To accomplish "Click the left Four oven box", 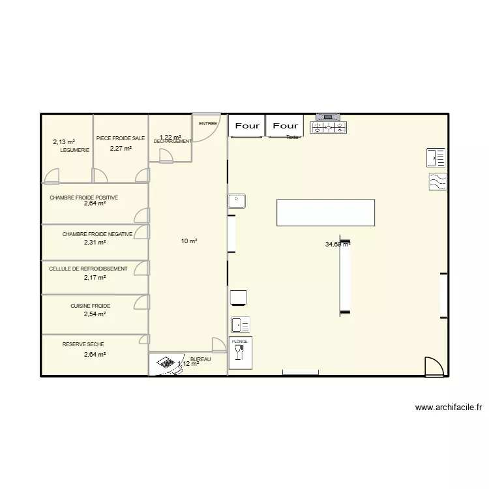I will click(247, 126).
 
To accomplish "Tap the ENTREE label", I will click(208, 123).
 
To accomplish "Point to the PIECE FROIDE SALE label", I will click(121, 138).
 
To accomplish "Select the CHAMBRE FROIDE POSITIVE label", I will click(83, 196).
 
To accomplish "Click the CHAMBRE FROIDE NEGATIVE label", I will click(98, 234).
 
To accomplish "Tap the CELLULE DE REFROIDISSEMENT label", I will click(88, 269).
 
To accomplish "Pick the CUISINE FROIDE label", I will click(91, 305).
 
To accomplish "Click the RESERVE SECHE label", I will click(83, 344).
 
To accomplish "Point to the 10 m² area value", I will click(189, 241).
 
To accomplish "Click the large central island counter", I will click(326, 213).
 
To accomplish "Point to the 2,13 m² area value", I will click(64, 141).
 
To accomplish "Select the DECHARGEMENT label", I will click(173, 141).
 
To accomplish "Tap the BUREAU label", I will click(200, 359).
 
